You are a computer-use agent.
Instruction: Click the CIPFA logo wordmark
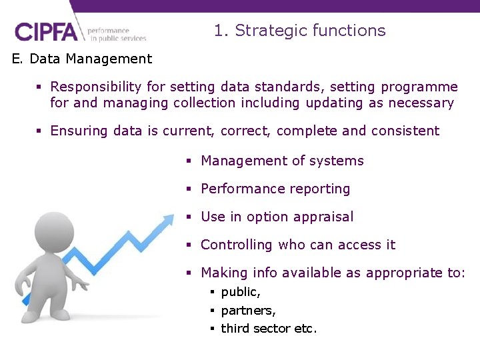46,32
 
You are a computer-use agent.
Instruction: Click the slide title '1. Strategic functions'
299,31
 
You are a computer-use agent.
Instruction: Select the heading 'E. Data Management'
82,59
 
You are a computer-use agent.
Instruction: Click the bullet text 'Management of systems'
282,161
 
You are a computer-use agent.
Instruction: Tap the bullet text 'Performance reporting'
275,189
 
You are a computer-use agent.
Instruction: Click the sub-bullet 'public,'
241,292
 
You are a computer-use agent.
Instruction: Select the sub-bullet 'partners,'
248,311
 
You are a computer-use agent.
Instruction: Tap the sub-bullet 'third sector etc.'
269,329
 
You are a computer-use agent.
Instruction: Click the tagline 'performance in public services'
117,34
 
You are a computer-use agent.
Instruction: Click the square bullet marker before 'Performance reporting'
189,189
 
